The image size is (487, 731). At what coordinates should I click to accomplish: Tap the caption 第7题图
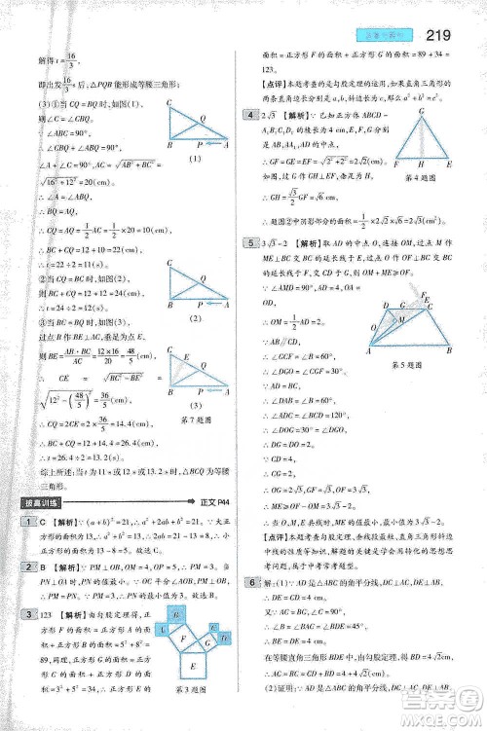click(194, 420)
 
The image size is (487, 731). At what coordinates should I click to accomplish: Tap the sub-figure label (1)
click(195, 159)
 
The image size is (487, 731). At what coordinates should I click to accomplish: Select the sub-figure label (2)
click(194, 318)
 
